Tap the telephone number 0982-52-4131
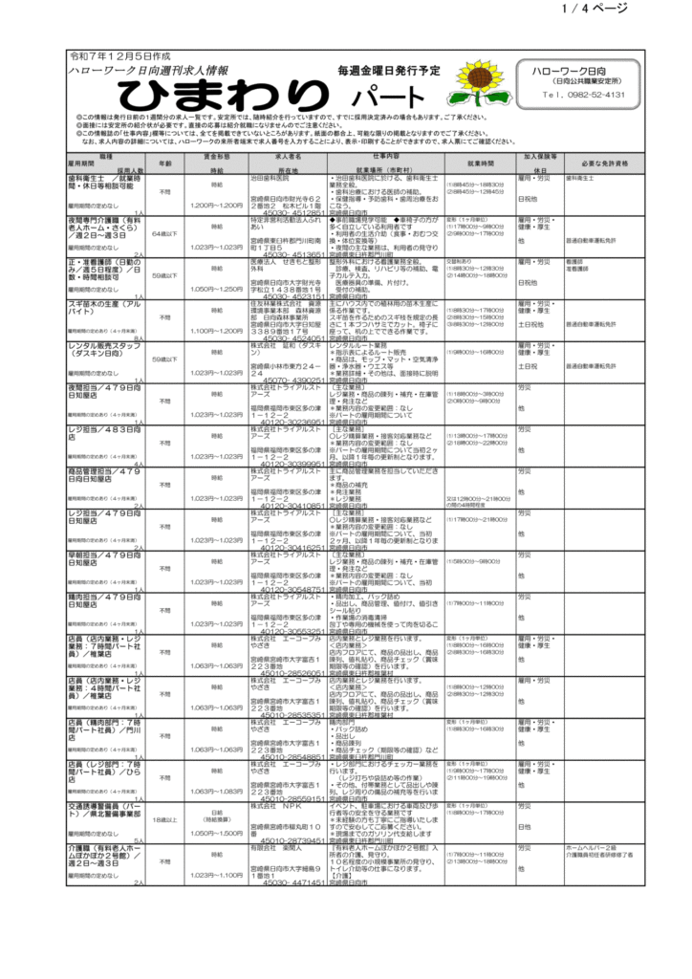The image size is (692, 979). (x=583, y=96)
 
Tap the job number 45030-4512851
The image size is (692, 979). (x=292, y=212)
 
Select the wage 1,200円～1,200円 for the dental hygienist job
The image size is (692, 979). (x=217, y=206)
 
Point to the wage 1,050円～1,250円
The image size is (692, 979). (x=217, y=288)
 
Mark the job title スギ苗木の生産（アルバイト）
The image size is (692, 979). (x=100, y=307)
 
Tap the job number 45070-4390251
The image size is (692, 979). (x=292, y=379)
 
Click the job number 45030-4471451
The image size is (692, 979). (x=292, y=882)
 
